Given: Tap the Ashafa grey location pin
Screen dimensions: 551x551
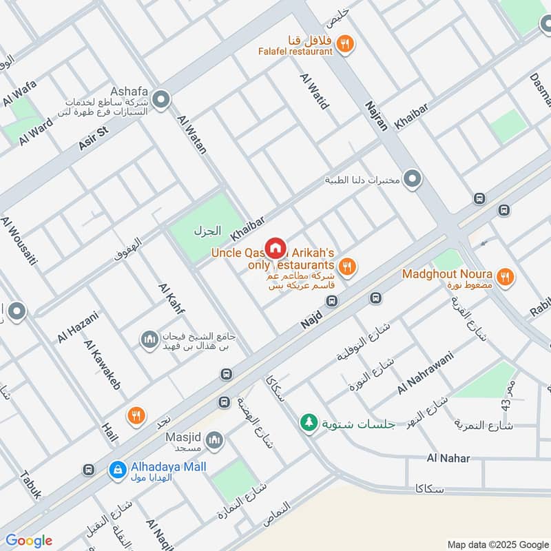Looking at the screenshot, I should pyautogui.click(x=161, y=101).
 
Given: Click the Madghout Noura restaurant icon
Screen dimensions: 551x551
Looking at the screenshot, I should pyautogui.click(x=506, y=277).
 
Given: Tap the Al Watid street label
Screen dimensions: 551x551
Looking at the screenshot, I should pyautogui.click(x=314, y=92).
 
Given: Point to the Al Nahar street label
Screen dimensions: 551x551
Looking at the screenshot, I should pyautogui.click(x=448, y=458).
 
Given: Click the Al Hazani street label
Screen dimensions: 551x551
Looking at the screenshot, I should pyautogui.click(x=78, y=326).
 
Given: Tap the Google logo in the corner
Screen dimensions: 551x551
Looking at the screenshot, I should pyautogui.click(x=29, y=541).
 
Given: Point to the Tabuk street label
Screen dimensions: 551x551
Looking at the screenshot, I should pyautogui.click(x=31, y=484).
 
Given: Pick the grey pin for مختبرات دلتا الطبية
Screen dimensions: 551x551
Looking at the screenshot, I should pyautogui.click(x=413, y=180).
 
